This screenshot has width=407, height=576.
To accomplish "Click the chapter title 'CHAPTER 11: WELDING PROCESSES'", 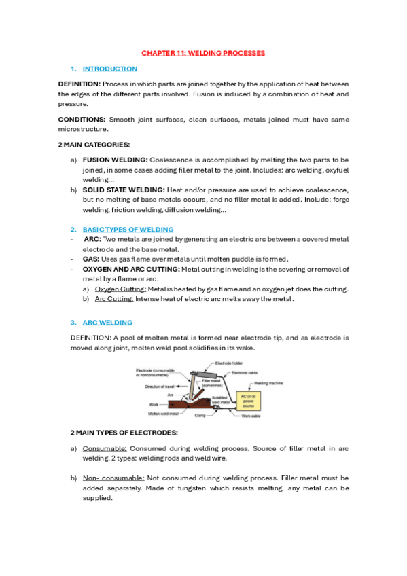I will click(x=203, y=52).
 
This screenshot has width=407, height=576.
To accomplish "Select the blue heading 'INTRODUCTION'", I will click(x=109, y=69).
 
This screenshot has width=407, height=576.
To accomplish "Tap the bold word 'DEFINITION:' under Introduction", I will click(x=79, y=83).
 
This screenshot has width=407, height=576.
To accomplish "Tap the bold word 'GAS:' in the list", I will click(x=91, y=259).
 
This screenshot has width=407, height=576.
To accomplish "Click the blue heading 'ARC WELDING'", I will click(x=107, y=322).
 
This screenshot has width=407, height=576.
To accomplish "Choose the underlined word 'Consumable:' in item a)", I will click(x=105, y=449).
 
